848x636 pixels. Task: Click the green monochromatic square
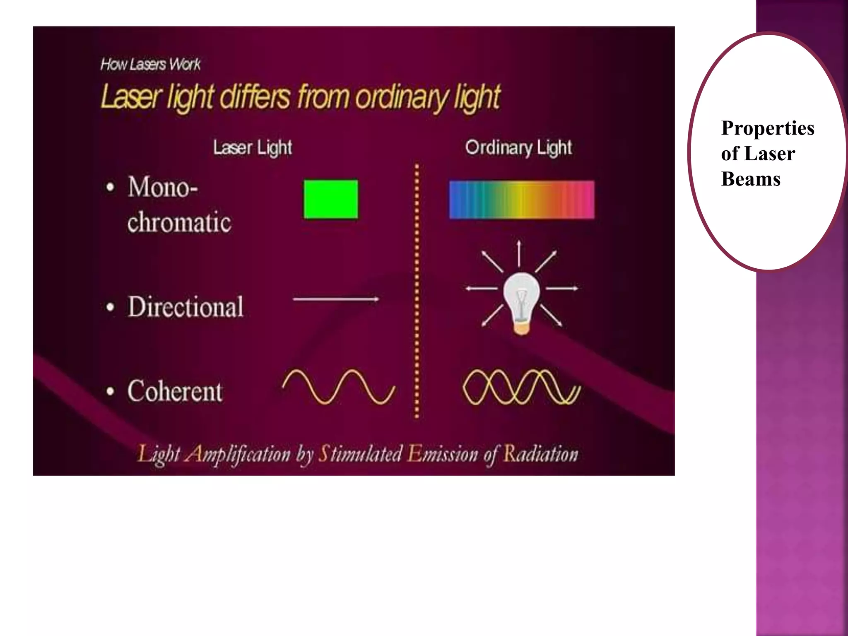click(x=331, y=199)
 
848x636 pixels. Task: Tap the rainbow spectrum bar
click(x=522, y=200)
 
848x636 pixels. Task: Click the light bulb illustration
click(x=521, y=302)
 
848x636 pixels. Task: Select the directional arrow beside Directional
click(x=336, y=299)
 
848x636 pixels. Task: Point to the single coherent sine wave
click(x=339, y=387)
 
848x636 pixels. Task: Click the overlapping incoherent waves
click(x=521, y=387)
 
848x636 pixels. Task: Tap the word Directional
click(x=185, y=307)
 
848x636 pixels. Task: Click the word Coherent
click(x=175, y=391)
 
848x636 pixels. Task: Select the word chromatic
click(x=179, y=222)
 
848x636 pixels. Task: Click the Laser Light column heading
click(x=253, y=148)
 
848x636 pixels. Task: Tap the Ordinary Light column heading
click(x=518, y=148)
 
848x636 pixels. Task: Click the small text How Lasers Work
click(x=150, y=65)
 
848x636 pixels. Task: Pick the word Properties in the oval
click(x=768, y=128)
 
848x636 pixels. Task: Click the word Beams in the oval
click(x=751, y=179)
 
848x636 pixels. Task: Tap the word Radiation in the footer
click(x=540, y=454)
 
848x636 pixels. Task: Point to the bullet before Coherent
click(x=110, y=392)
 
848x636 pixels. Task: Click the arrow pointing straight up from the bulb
click(x=519, y=253)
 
